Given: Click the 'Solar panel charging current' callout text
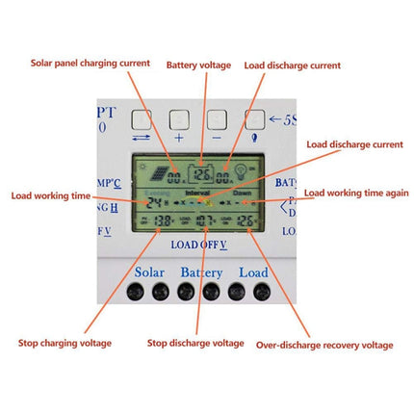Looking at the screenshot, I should coord(91,63).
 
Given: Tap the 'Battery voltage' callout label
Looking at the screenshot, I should coord(198,65).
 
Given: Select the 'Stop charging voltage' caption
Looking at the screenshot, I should coord(64,342).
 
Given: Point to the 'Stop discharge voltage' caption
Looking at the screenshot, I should coord(194,342).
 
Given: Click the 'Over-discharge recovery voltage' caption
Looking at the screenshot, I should coord(323,343).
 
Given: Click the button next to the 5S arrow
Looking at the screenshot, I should coord(254,119).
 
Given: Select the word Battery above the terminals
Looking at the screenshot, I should coord(201,272).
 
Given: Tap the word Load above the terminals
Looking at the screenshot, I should coord(254,272).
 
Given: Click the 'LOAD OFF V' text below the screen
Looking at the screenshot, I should coord(198,244).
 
